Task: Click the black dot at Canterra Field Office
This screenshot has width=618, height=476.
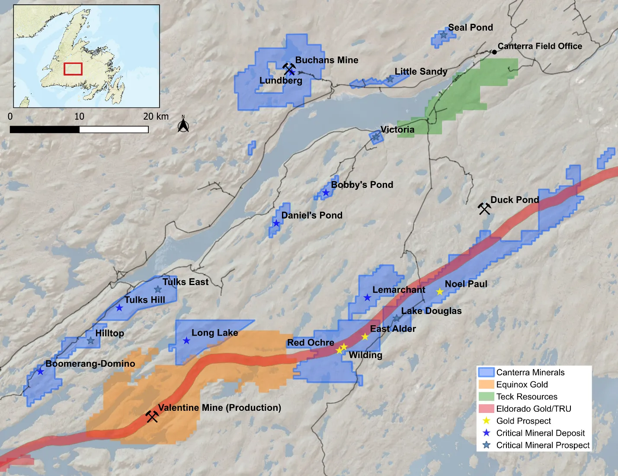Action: (x=494, y=52)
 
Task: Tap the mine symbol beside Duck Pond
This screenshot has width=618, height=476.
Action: (x=484, y=209)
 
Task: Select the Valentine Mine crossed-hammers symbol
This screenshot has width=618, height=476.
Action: (x=152, y=416)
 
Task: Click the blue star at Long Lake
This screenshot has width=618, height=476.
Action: (x=186, y=341)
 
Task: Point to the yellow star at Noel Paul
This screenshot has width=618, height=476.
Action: (x=440, y=292)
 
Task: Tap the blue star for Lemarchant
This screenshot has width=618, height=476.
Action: (x=367, y=298)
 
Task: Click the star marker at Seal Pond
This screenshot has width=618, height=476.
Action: (x=444, y=35)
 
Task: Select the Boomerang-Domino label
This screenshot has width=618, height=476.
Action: (x=90, y=364)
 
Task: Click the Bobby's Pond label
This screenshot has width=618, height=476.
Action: (x=362, y=185)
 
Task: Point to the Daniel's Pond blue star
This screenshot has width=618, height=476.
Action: (x=276, y=223)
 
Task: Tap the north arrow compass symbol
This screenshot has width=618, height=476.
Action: (x=183, y=125)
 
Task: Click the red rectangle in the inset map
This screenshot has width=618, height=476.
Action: (x=73, y=69)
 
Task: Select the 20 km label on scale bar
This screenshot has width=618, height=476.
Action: (x=156, y=117)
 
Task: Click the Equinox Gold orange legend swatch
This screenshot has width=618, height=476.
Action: (x=487, y=384)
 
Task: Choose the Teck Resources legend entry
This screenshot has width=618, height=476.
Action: (x=527, y=397)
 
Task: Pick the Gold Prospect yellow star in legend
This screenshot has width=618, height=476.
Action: (x=487, y=421)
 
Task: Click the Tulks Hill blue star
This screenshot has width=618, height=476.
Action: (x=119, y=308)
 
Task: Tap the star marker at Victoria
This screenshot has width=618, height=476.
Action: (x=376, y=137)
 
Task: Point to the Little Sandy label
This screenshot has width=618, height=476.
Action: (x=421, y=72)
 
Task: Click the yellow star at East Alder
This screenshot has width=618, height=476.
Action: (x=365, y=337)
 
